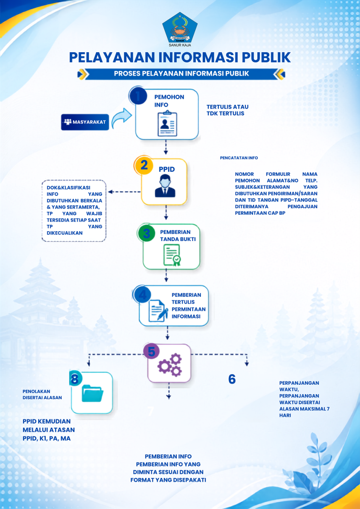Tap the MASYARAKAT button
pyautogui.click(x=85, y=122)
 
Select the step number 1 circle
pyautogui.click(x=138, y=96)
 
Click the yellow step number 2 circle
pyautogui.click(x=144, y=165)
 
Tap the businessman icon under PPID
pyautogui.click(x=165, y=186)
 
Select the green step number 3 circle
pyautogui.click(x=146, y=233)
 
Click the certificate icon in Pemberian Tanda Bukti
pyautogui.click(x=172, y=255)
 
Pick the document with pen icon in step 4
pyautogui.click(x=158, y=310)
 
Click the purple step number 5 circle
pyautogui.click(x=151, y=351)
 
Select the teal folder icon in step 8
pyautogui.click(x=92, y=393)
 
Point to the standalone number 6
pyautogui.click(x=232, y=379)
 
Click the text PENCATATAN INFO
pyautogui.click(x=239, y=158)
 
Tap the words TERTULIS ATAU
pyautogui.click(x=228, y=107)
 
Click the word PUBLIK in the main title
pyautogui.click(x=266, y=57)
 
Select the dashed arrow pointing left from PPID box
pyautogui.click(x=125, y=192)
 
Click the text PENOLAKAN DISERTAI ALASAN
pyautogui.click(x=42, y=394)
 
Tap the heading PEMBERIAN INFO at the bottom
pyautogui.click(x=168, y=456)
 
